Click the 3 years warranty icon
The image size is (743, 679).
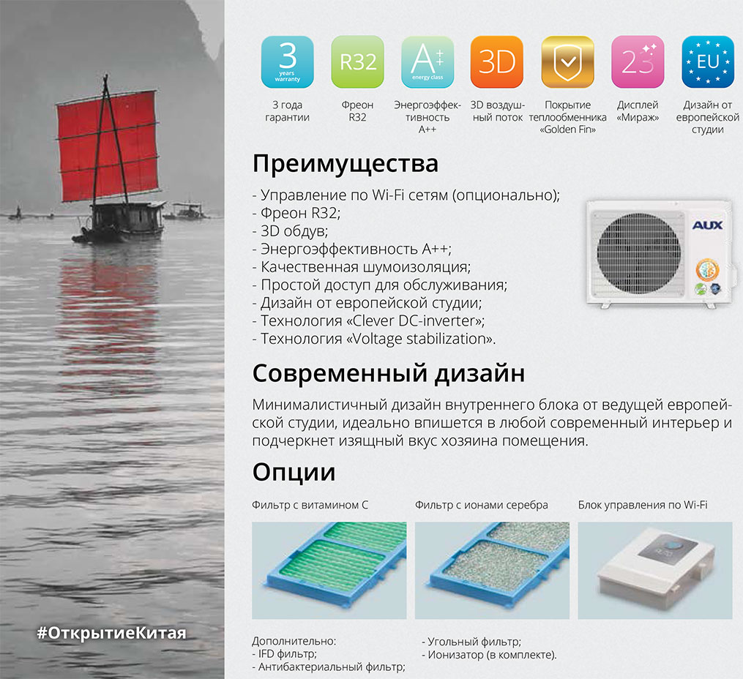[x=287, y=61]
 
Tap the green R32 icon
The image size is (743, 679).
[x=357, y=61]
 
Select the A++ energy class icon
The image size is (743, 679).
[x=427, y=61]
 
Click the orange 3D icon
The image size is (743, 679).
[x=497, y=61]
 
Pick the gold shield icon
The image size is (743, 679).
[x=567, y=61]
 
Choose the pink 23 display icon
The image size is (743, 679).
[x=638, y=61]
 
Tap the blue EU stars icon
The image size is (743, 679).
[x=707, y=61]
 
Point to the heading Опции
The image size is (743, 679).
[x=294, y=472]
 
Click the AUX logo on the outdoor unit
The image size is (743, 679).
[x=707, y=225]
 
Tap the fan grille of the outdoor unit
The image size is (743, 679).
[x=638, y=254]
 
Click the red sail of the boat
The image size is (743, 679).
[x=107, y=146]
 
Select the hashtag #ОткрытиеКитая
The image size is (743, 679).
[x=111, y=633]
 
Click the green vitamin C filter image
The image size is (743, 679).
[x=329, y=570]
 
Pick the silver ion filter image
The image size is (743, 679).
[x=492, y=570]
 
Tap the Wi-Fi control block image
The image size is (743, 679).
[x=655, y=570]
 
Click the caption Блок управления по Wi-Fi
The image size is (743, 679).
[x=643, y=505]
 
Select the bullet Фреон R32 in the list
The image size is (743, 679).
[x=296, y=213]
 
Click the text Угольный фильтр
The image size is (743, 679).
[x=471, y=642]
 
